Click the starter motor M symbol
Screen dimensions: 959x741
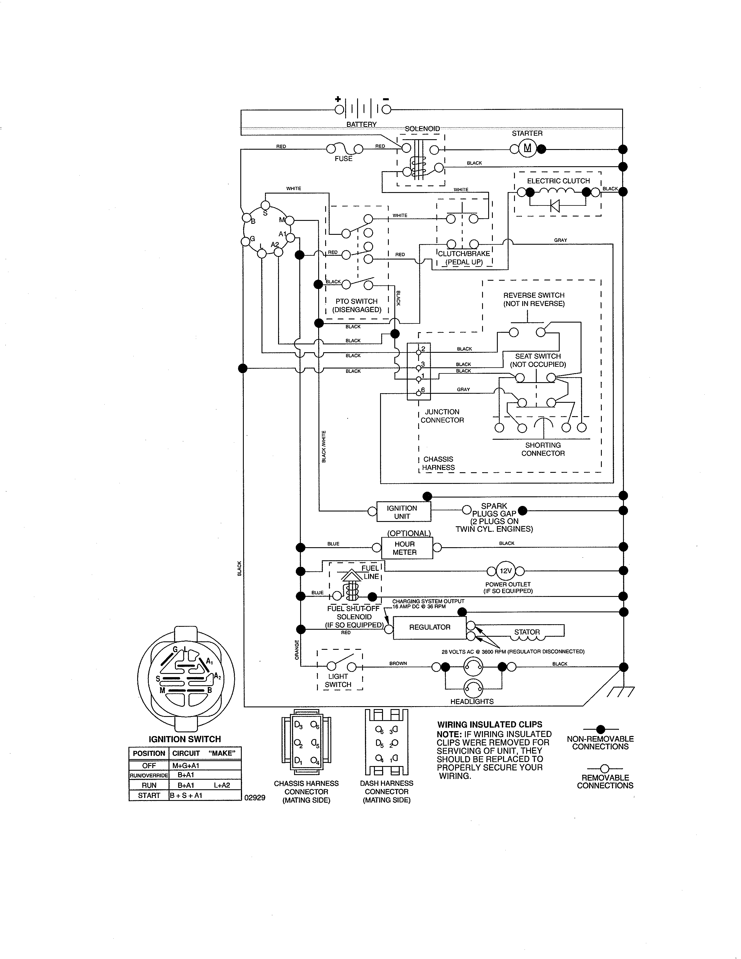point(527,148)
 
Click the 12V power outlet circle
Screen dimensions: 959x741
point(506,571)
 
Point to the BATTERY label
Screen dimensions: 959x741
point(361,124)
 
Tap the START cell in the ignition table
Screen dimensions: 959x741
point(149,795)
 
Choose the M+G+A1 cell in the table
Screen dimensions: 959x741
point(186,765)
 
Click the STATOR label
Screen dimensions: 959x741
point(527,632)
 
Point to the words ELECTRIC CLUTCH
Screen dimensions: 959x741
point(559,181)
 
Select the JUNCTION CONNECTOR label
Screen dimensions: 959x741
point(442,416)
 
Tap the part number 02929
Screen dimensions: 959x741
point(255,798)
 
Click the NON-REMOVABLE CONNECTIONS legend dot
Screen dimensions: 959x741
point(601,729)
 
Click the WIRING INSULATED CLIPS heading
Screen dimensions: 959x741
point(489,724)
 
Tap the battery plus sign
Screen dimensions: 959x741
point(338,99)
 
